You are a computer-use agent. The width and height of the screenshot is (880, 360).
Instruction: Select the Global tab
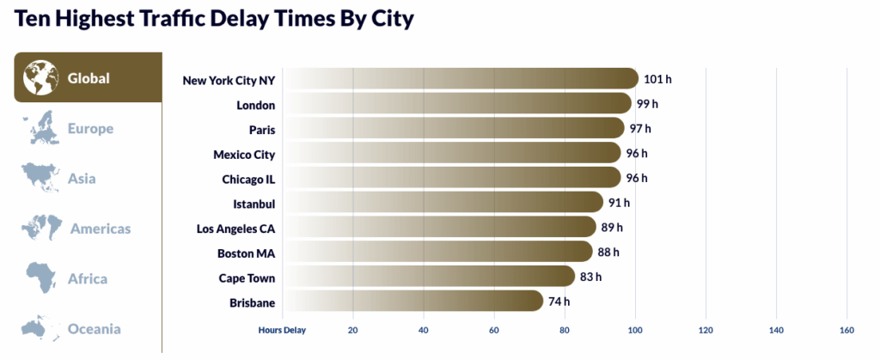88,77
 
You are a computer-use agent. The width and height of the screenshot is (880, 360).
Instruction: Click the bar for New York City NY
460,79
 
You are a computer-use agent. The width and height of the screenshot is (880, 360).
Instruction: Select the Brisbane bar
412,301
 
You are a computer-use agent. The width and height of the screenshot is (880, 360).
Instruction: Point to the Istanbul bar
443,203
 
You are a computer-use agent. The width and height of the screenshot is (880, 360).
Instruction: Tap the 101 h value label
657,79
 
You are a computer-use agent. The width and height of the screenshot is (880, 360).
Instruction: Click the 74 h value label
559,302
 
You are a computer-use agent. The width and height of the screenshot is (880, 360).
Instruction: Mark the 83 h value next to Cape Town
591,277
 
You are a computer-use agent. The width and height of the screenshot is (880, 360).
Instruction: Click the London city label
255,105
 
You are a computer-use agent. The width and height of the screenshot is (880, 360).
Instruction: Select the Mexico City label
244,155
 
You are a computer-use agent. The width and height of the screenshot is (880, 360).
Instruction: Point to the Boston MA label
246,253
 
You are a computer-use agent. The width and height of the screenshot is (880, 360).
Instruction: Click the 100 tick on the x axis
635,329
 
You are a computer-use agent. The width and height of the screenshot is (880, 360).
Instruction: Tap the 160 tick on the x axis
846,329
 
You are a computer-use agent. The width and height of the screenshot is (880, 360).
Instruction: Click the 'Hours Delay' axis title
282,329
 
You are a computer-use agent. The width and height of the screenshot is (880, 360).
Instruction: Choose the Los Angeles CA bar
438,228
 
